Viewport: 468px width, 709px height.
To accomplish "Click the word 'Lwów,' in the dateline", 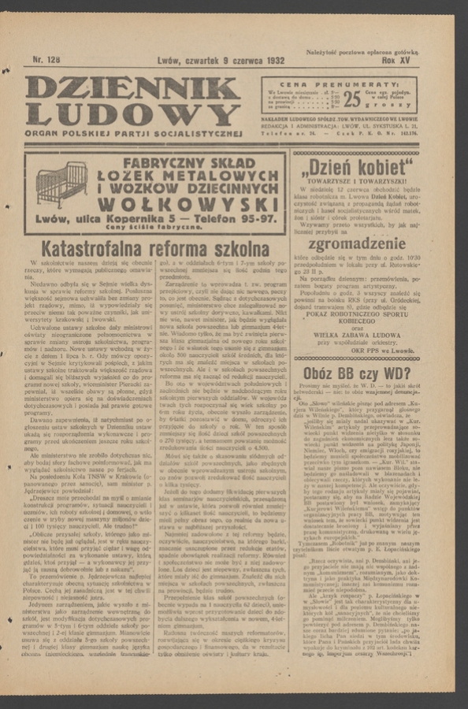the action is click(x=137, y=59).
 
